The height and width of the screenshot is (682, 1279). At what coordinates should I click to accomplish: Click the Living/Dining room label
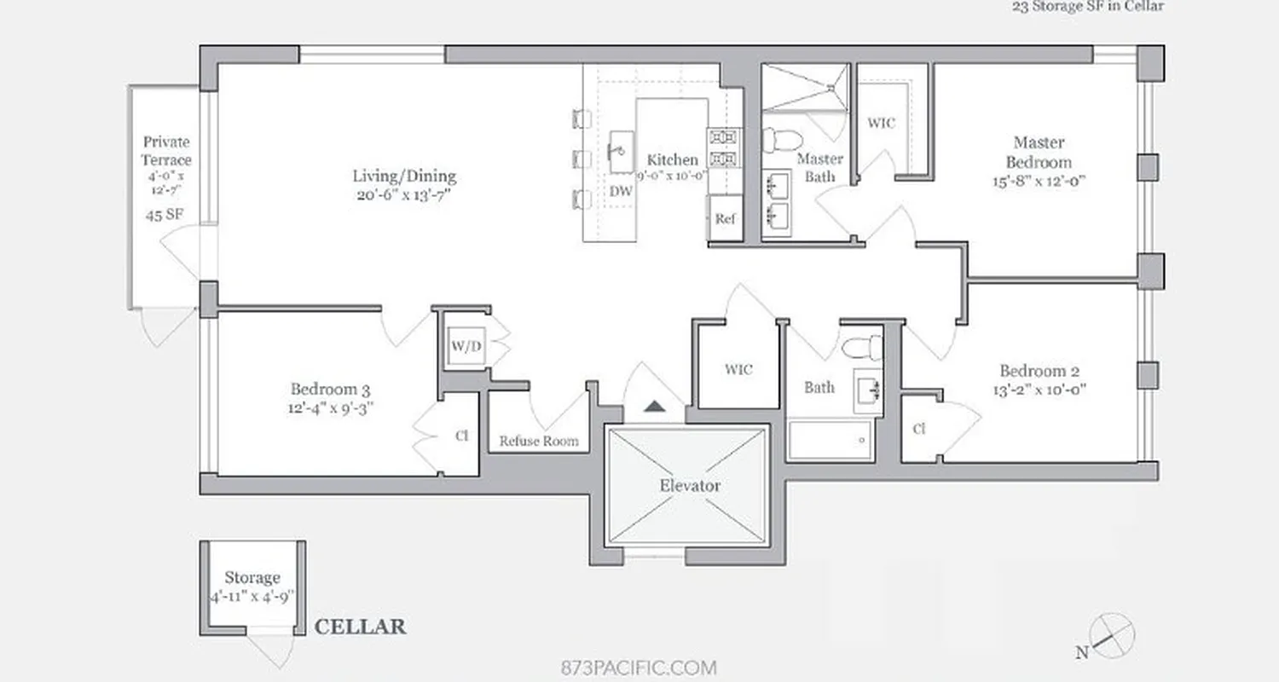pyautogui.click(x=404, y=176)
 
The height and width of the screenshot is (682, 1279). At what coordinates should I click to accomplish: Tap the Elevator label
pyautogui.click(x=690, y=486)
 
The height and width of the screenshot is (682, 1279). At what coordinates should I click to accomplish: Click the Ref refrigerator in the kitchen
pyautogui.click(x=725, y=219)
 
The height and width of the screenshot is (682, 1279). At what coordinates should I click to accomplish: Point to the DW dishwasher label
pyautogui.click(x=621, y=192)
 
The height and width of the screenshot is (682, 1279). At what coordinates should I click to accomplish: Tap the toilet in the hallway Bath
pyautogui.click(x=861, y=346)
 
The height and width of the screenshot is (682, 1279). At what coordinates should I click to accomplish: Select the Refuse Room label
pyautogui.click(x=538, y=442)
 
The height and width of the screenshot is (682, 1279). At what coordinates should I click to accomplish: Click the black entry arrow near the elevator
pyautogui.click(x=654, y=406)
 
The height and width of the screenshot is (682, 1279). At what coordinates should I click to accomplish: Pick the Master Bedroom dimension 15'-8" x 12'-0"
pyautogui.click(x=1042, y=182)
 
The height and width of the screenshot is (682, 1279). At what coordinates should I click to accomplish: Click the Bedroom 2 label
pyautogui.click(x=1039, y=371)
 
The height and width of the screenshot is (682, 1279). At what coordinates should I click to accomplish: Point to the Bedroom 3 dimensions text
pyautogui.click(x=330, y=408)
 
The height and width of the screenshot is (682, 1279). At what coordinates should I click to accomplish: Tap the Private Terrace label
pyautogui.click(x=166, y=150)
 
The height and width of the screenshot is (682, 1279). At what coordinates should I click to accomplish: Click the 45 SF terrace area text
pyautogui.click(x=165, y=215)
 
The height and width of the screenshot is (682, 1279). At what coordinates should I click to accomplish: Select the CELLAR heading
pyautogui.click(x=360, y=627)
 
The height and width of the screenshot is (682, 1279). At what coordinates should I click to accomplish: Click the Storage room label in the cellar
pyautogui.click(x=252, y=578)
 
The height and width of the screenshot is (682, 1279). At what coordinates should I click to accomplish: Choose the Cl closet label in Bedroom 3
pyautogui.click(x=461, y=436)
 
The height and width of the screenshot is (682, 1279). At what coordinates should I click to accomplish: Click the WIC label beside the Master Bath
pyautogui.click(x=881, y=123)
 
